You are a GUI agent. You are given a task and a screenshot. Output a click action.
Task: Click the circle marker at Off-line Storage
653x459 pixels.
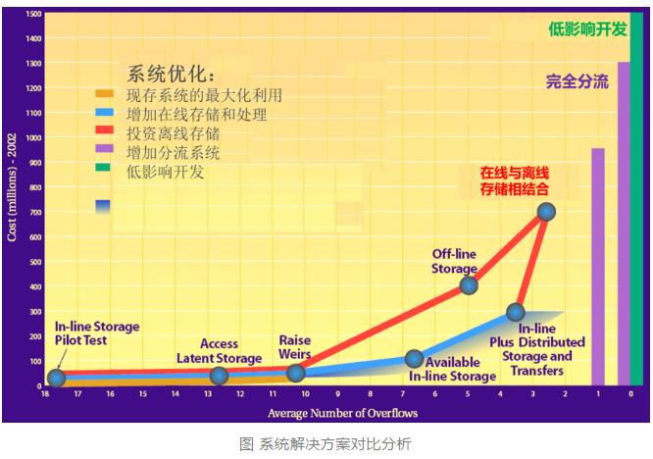coord(469,285)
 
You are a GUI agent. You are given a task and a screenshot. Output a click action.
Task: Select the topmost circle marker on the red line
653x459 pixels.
coord(546,212)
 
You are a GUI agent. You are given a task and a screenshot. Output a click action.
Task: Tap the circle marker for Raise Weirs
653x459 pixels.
coord(296,373)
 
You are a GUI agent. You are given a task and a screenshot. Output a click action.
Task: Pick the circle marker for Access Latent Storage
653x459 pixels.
coord(220,376)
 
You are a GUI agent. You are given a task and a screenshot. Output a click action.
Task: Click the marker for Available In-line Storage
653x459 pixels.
coord(415,359)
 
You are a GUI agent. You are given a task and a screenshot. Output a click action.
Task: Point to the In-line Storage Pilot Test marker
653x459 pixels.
coord(56,378)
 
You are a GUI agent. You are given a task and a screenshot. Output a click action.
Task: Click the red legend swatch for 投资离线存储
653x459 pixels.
coord(104,131)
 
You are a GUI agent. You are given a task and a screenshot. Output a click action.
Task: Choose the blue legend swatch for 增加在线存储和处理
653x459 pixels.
coord(104,113)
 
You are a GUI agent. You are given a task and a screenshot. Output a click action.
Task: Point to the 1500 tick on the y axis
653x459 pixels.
coord(34,14)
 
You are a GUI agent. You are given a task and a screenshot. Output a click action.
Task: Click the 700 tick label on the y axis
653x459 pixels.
coord(34,212)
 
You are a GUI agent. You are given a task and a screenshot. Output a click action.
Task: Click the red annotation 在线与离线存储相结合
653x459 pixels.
coord(514,180)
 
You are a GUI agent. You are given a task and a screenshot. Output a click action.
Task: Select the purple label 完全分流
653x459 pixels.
coord(577,81)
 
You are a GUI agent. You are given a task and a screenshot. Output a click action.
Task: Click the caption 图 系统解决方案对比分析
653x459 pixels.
coord(326,444)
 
